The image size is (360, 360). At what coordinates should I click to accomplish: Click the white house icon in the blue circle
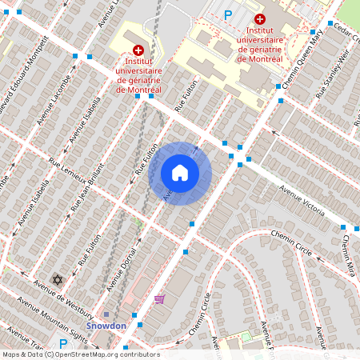point(180,172)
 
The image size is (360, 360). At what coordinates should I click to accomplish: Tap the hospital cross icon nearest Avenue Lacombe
point(138,50)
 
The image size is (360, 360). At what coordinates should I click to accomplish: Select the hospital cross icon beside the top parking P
point(259,18)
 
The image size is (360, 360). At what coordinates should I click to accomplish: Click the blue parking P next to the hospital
point(228,14)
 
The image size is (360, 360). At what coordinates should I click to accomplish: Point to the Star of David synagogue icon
point(57,279)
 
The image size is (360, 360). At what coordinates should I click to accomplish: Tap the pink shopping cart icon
point(159,298)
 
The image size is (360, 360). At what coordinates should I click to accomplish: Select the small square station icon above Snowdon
point(106,314)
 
